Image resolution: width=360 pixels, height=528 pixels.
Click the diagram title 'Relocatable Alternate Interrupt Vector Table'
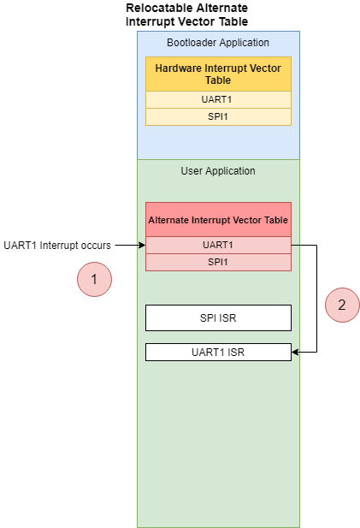186,15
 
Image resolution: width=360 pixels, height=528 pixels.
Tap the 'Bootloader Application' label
218,43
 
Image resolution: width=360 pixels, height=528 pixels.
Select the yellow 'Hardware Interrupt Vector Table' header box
218,74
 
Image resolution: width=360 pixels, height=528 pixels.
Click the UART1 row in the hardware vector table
218,99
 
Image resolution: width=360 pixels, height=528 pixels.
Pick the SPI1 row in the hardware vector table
218,117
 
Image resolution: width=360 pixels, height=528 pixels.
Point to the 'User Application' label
218,171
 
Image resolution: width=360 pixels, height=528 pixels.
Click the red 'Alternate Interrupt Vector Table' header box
218,220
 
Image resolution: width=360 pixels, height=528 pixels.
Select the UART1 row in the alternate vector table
218,245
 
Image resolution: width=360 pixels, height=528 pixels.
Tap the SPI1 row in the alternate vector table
218,263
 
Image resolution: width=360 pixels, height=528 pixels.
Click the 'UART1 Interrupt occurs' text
57,246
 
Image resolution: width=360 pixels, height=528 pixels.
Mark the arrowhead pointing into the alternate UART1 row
143,245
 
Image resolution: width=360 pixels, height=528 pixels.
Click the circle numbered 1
94,280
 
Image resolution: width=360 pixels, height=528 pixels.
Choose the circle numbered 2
342,306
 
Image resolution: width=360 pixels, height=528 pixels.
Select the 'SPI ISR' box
218,317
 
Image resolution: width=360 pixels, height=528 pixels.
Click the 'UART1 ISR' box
218,353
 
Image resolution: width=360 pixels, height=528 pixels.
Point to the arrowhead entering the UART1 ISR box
295,353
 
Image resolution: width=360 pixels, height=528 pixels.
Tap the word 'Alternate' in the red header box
168,220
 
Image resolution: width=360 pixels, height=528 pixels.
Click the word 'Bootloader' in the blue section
192,43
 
